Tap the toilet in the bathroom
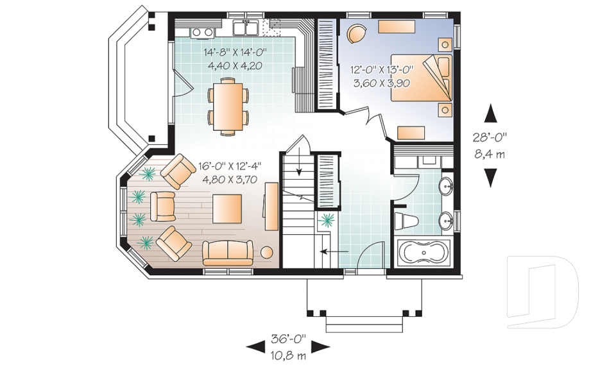tap(406, 222)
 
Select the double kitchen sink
tap(245, 28)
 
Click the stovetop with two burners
tap(203, 33)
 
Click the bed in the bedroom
tap(421, 78)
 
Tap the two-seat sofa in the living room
tap(228, 253)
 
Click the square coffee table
tap(227, 208)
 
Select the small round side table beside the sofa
tap(267, 252)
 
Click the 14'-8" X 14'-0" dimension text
tap(235, 51)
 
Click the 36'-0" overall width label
tap(288, 338)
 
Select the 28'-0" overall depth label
tap(490, 137)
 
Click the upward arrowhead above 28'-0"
tap(490, 114)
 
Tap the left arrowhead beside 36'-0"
tap(255, 346)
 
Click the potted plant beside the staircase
tap(327, 221)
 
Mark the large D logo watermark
tap(542, 292)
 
